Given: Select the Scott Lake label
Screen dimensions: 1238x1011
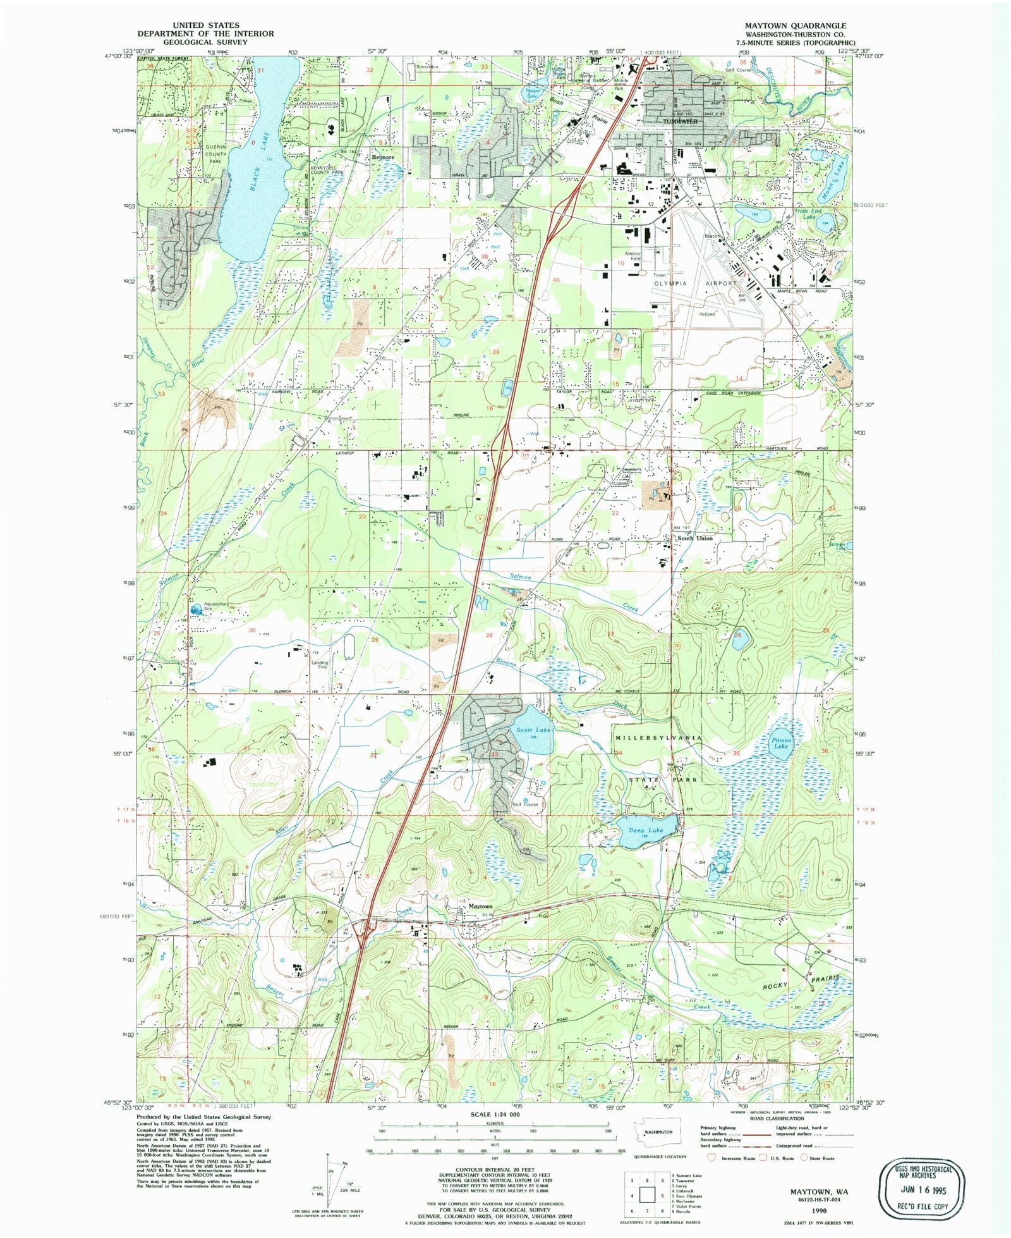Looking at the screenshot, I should point(533,730).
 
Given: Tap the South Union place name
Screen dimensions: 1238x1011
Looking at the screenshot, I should point(694,538).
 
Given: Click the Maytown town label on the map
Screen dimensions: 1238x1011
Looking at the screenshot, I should point(480,906).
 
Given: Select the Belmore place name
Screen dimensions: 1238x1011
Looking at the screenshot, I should point(383,157).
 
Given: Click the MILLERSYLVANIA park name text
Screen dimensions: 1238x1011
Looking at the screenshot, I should point(658,738).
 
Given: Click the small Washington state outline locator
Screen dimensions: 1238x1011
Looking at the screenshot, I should point(657,1132).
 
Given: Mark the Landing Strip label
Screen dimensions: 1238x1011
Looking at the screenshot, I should point(320,665).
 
